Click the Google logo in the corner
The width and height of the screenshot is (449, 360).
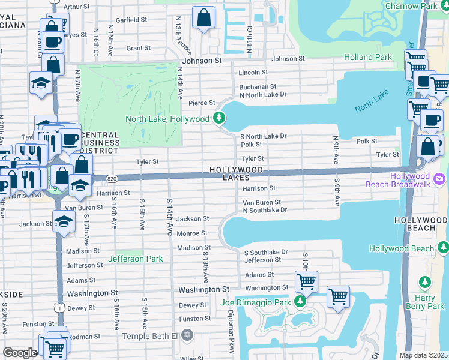coord(20,353)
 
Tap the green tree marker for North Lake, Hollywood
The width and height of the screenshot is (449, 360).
coord(220,118)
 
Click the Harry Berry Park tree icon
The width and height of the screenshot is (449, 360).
coord(426,282)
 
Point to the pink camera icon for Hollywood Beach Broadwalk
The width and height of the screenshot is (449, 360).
coord(439,179)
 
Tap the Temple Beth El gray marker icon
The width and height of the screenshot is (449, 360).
coord(187,335)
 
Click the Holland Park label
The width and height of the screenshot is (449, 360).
coord(367,58)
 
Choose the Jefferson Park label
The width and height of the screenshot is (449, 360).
coord(136,259)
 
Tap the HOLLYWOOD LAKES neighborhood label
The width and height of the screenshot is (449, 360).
coord(237,174)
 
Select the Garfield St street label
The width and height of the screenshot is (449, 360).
coord(131,20)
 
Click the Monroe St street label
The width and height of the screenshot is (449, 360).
coord(192,233)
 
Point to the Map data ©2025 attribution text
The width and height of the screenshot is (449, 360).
coord(423,355)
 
